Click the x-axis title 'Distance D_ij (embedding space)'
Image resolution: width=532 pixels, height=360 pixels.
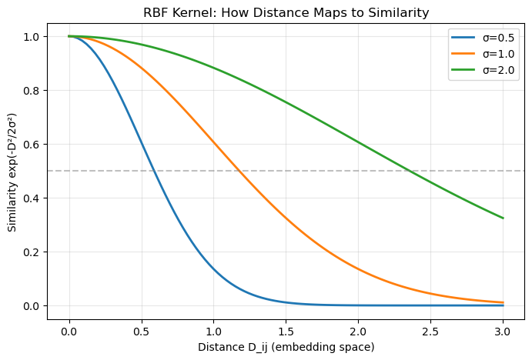pos(286,347)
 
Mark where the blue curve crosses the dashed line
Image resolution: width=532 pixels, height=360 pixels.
pos(155,171)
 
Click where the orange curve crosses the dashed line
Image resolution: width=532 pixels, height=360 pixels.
pos(239,171)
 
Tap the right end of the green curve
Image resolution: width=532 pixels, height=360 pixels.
pos(504,218)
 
